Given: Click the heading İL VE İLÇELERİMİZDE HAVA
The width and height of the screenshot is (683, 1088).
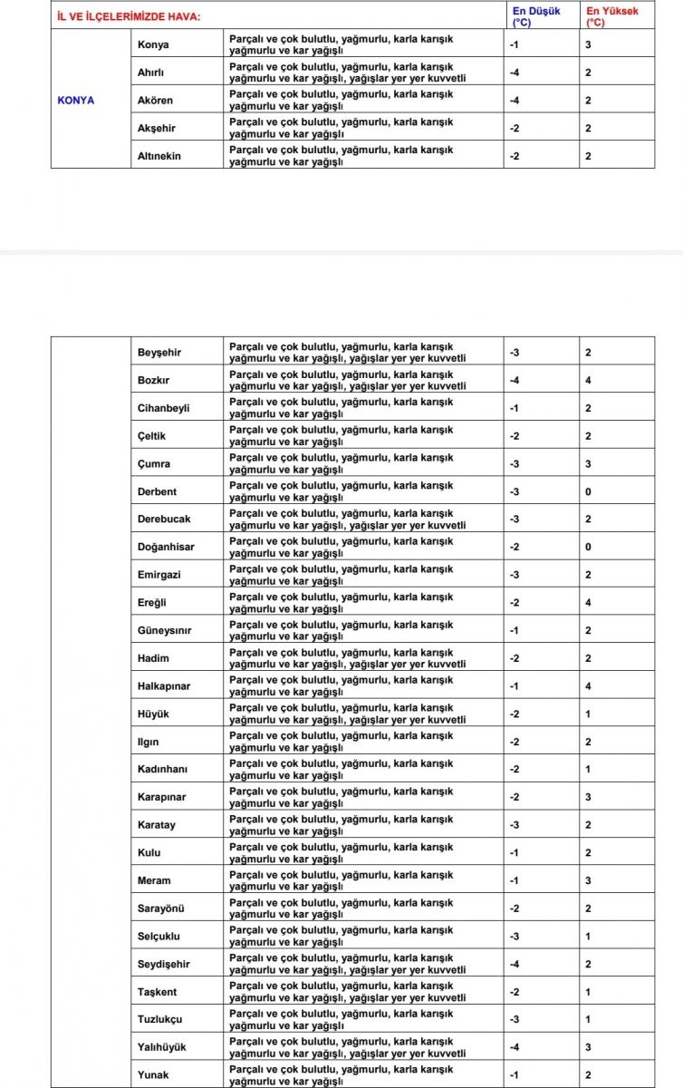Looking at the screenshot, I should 129,16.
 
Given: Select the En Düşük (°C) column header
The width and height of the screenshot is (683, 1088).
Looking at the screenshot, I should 536,15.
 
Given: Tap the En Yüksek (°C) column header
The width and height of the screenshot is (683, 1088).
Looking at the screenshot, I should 613,15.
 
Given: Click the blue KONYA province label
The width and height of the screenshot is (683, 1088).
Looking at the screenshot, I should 76,100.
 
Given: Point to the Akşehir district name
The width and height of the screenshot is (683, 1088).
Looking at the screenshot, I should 158,128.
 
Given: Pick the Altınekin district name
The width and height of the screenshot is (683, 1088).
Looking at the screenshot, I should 159,156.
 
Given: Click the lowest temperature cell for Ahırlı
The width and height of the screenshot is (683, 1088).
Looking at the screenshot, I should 514,73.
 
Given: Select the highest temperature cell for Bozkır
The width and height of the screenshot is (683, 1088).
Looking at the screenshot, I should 588,380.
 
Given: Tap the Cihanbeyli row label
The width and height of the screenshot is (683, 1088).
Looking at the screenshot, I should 164,408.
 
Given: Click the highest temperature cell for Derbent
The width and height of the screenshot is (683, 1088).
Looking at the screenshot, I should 588,491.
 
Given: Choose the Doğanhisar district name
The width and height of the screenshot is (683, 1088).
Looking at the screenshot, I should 166,547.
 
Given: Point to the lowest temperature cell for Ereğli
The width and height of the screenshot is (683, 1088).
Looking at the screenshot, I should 514,603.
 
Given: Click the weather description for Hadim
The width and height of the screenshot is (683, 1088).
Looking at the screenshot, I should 348,658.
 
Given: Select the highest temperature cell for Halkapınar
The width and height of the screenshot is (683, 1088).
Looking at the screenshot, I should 588,686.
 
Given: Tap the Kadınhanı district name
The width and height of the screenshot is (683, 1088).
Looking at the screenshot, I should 163,770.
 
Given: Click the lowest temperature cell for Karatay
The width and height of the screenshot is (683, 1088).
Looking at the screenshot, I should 514,825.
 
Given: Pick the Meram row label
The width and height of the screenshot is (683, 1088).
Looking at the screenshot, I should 154,880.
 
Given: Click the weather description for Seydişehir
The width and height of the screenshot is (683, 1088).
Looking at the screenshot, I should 348,964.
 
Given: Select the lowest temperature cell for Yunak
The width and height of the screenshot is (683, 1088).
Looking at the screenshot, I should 514,1075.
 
